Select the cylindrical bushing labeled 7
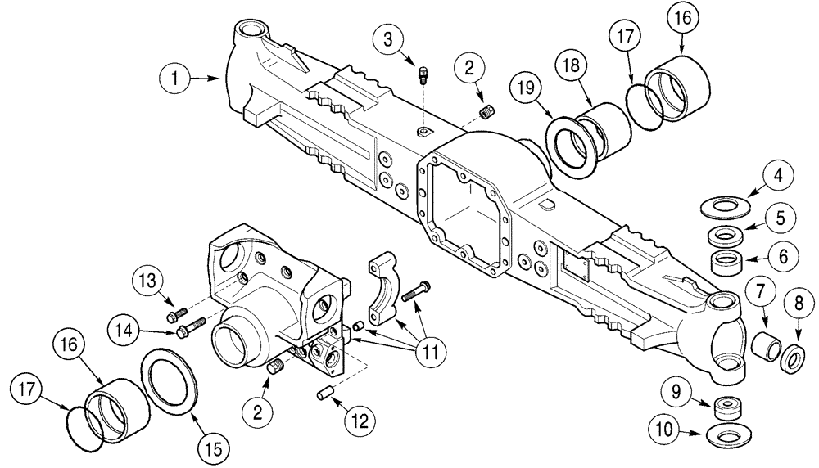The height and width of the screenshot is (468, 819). click(x=768, y=340)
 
